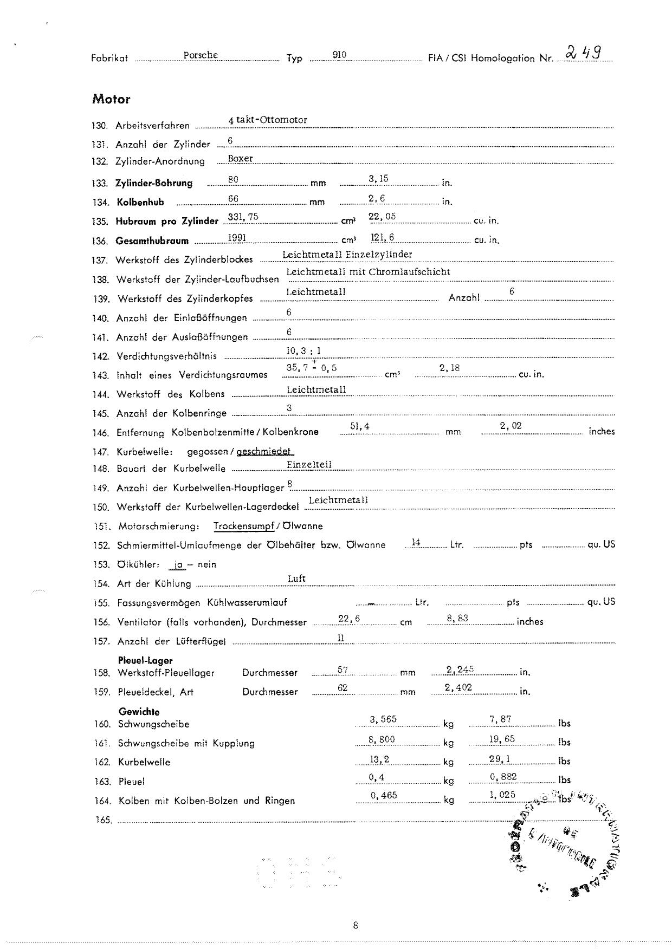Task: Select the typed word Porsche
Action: pyautogui.click(x=201, y=55)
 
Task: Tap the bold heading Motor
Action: pyautogui.click(x=111, y=99)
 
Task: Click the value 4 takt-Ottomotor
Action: pyautogui.click(x=268, y=120)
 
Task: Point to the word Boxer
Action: pyautogui.click(x=240, y=159)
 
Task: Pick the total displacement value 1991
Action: pyautogui.click(x=237, y=237)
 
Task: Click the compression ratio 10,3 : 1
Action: pyautogui.click(x=303, y=350)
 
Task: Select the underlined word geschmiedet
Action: pyautogui.click(x=264, y=451)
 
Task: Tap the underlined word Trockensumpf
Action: pyautogui.click(x=243, y=526)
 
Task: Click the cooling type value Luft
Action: pyautogui.click(x=296, y=578)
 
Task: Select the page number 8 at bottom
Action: pyautogui.click(x=355, y=925)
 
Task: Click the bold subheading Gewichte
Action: pyautogui.click(x=139, y=712)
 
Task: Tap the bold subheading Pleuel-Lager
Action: pyautogui.click(x=145, y=660)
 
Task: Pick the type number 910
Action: pyautogui.click(x=339, y=55)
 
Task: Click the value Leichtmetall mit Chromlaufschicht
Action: pyautogui.click(x=368, y=272)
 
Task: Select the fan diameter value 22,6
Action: pyautogui.click(x=349, y=619)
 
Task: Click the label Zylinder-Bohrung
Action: pyautogui.click(x=154, y=183)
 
